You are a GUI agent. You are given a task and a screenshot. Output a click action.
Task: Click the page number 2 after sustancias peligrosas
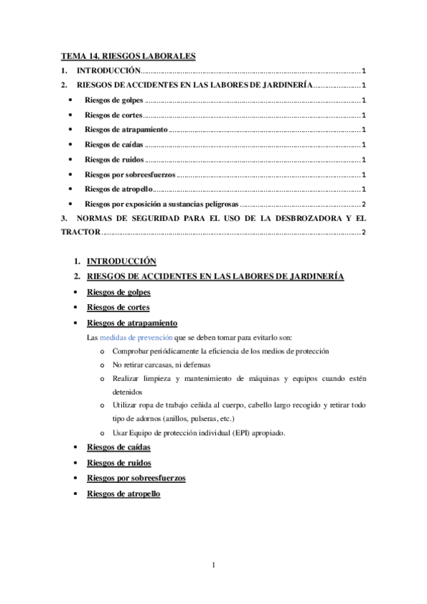click(x=364, y=204)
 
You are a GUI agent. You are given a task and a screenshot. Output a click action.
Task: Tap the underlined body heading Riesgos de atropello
click(x=123, y=493)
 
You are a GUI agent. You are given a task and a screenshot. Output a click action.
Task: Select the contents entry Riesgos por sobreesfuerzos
click(x=129, y=174)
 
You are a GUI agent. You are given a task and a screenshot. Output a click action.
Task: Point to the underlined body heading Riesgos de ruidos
click(x=118, y=462)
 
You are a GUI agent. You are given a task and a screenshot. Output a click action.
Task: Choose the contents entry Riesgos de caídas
click(x=113, y=145)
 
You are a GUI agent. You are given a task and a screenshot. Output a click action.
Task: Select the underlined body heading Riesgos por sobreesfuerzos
click(x=136, y=478)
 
